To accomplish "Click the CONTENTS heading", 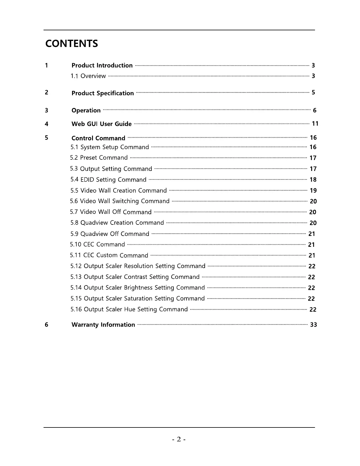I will pos(71,44).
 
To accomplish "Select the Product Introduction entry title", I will pos(102,65).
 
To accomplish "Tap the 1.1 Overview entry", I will pos(88,76).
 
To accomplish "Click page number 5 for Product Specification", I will pos(313,92).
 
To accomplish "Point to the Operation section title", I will pos(86,110).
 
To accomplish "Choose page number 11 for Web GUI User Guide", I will pos(315,124).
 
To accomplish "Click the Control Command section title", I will pos(98,138).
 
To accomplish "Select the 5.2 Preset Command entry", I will pos(99,158).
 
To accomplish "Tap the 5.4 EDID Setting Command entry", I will pos(108,179).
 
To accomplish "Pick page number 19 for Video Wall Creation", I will pos(313,191).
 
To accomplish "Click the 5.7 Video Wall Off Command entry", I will pos(111,212).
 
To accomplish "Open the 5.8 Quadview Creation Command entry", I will pos(117,223).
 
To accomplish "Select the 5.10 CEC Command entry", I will pos(97,244).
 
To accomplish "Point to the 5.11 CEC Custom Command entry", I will pos(109,255).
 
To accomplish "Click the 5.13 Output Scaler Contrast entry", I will pos(135,277).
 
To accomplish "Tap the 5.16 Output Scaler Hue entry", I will pos(129,309).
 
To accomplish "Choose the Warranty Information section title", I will pos(103,324).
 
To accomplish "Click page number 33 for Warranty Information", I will pos(314,324).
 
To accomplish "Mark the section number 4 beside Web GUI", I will pos(46,124).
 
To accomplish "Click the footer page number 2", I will pos(179,439).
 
